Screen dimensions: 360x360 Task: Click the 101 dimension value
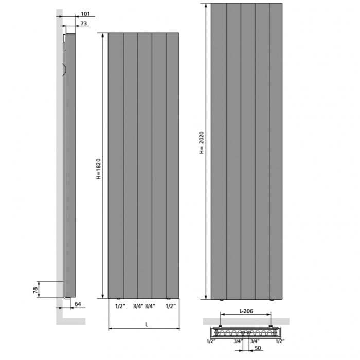pyautogui.click(x=85, y=14)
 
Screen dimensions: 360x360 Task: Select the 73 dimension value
pyautogui.click(x=84, y=24)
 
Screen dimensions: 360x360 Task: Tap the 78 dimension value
pyautogui.click(x=35, y=290)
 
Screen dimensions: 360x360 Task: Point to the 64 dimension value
pyautogui.click(x=78, y=304)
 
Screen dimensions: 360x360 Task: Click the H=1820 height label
pyautogui.click(x=99, y=169)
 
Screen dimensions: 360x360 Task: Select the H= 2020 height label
pyautogui.click(x=202, y=142)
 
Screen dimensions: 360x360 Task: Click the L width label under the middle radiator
pyautogui.click(x=147, y=325)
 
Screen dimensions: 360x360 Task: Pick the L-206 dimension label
pyautogui.click(x=246, y=311)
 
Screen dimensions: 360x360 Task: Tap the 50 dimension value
pyautogui.click(x=258, y=348)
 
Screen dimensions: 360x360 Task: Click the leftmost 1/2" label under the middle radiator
pyautogui.click(x=120, y=306)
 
